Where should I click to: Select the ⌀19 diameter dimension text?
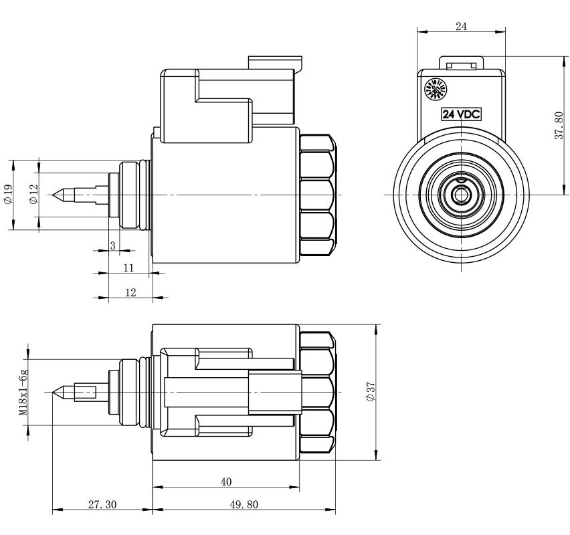[x=7, y=195]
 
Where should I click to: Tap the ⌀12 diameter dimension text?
[x=34, y=195]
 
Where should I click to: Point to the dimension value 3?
[x=112, y=245]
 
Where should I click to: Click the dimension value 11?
[x=129, y=268]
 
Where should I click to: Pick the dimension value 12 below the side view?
[x=130, y=292]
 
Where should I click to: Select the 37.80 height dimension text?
[x=559, y=126]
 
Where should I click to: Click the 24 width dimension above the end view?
[x=461, y=26]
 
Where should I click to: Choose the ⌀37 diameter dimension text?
[x=371, y=393]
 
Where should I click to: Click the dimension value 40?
[x=225, y=480]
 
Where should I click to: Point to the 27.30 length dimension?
[x=102, y=504]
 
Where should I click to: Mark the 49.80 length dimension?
[x=245, y=504]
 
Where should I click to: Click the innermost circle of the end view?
[x=461, y=195]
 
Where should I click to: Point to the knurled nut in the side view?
[x=316, y=195]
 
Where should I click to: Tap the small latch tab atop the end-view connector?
[x=461, y=65]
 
